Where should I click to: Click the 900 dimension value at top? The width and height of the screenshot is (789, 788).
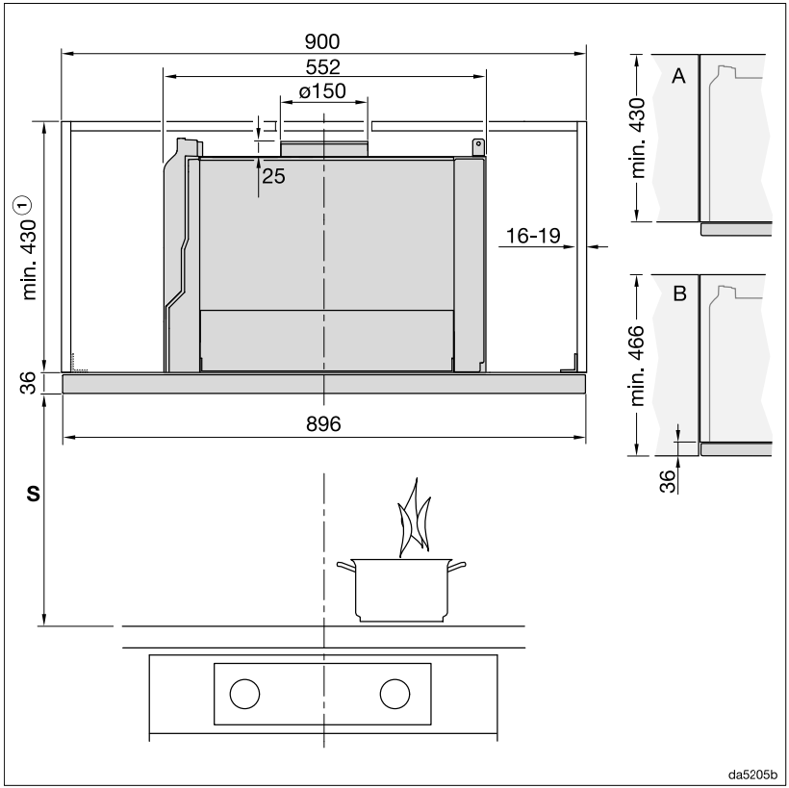tap(322, 42)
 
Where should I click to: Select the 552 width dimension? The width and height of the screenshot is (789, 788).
tap(322, 67)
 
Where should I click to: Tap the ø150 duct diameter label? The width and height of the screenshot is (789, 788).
tap(322, 92)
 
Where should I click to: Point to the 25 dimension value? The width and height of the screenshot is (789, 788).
tap(273, 176)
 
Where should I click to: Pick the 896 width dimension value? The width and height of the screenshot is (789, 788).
tap(323, 424)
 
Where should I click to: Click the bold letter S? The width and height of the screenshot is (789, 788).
tap(32, 494)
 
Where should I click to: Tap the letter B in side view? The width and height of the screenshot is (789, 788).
tap(679, 294)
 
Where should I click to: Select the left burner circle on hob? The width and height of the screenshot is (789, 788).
tap(245, 693)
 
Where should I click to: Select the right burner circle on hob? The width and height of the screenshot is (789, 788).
tap(394, 693)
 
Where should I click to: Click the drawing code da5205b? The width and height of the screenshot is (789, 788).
tap(751, 773)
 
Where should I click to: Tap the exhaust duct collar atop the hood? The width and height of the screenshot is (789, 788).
tap(323, 149)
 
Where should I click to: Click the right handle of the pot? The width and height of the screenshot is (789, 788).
tap(458, 566)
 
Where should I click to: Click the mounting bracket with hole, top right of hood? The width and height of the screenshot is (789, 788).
tap(476, 145)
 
